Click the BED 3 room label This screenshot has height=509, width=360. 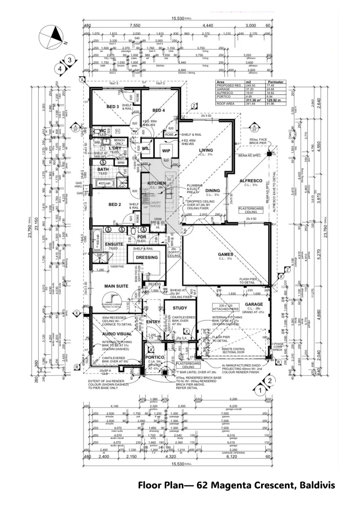coord(112,107)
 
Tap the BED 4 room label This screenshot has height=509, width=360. coord(158,110)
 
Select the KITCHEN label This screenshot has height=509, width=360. coord(156,183)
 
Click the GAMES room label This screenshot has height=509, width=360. coord(225,254)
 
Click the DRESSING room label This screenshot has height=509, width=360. coord(147,258)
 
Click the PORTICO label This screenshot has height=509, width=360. coord(157,358)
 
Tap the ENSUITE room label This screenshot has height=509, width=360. coord(114,244)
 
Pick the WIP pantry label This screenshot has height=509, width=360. coord(166,151)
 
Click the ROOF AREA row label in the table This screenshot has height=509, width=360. coord(225,104)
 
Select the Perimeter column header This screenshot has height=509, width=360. coord(276,82)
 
